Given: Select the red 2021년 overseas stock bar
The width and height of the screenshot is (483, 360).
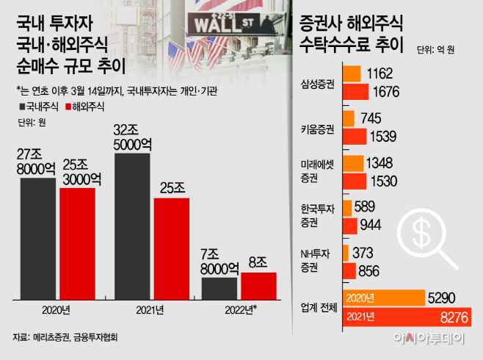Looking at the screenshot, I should tap(171, 248).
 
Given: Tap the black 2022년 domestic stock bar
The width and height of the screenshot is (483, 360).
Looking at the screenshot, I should tap(220, 288).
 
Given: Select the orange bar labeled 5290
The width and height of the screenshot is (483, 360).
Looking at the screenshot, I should tap(384, 298).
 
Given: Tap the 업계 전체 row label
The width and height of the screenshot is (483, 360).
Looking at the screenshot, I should tap(319, 306).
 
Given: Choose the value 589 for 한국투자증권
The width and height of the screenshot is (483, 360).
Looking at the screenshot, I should tap(372, 207).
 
